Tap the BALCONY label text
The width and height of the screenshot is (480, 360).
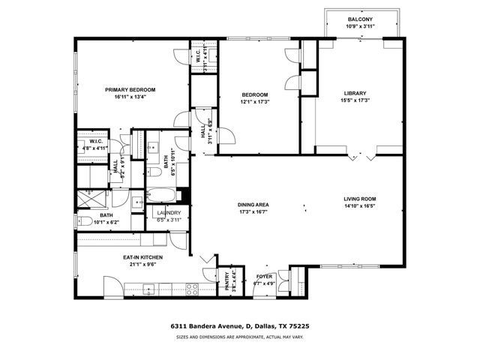click(x=359, y=19)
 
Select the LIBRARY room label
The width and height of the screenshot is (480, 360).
click(x=355, y=94)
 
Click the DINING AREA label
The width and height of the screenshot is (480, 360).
click(x=254, y=205)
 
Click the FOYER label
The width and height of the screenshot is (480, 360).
click(x=265, y=277)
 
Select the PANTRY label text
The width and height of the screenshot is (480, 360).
click(x=227, y=280)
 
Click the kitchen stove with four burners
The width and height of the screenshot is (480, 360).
click(x=191, y=287)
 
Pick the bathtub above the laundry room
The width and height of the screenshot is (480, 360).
click(x=161, y=195)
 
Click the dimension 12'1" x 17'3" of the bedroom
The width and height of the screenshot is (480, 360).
click(x=254, y=102)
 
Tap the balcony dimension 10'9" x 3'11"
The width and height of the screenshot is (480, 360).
click(x=359, y=27)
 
